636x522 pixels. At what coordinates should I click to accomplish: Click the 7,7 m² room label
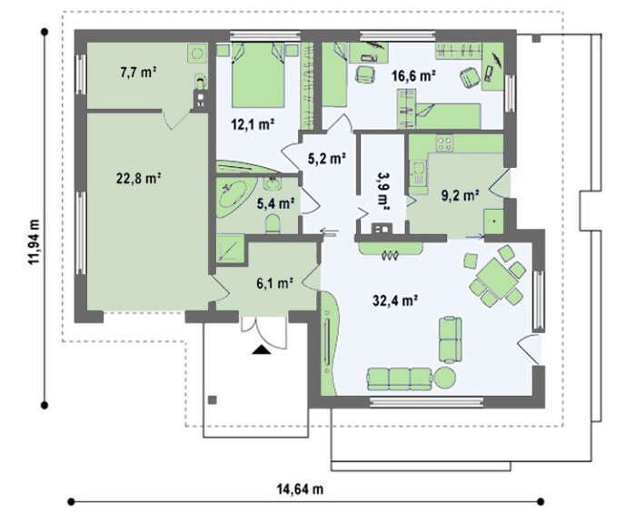138,73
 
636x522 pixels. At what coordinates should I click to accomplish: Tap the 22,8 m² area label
139,178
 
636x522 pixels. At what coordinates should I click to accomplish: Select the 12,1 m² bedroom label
253,124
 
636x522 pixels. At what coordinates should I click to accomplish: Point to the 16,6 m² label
413,75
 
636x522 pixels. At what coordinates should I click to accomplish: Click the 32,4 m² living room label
395,300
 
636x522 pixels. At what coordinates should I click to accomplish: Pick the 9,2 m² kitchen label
460,196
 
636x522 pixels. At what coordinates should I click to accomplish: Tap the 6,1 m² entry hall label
275,283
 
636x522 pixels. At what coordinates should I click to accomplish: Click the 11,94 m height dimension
34,242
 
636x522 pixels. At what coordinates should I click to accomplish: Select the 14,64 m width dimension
300,489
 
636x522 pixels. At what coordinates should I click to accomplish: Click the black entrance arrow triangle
262,350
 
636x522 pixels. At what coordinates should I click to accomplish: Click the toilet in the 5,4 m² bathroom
273,224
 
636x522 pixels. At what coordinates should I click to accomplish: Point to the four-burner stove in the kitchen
444,143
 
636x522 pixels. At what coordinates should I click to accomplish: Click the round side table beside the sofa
444,379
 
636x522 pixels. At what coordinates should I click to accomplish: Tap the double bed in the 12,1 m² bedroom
258,75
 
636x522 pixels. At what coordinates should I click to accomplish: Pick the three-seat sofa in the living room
400,379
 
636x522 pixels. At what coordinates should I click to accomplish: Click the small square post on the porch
212,400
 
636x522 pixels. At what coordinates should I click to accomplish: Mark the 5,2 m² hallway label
326,159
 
